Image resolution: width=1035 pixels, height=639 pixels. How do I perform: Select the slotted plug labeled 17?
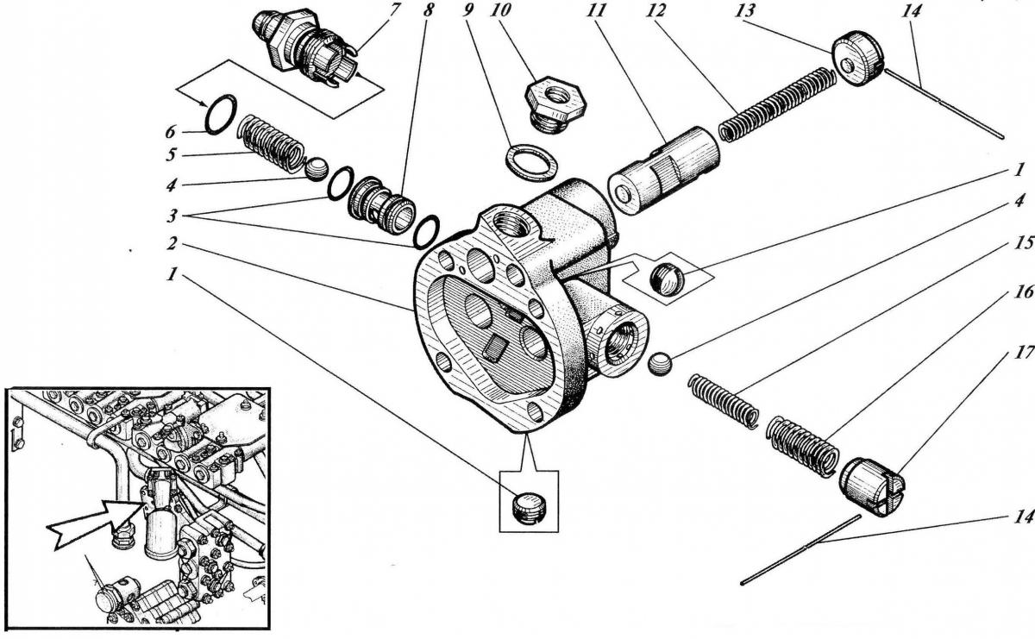[x=872, y=486]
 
